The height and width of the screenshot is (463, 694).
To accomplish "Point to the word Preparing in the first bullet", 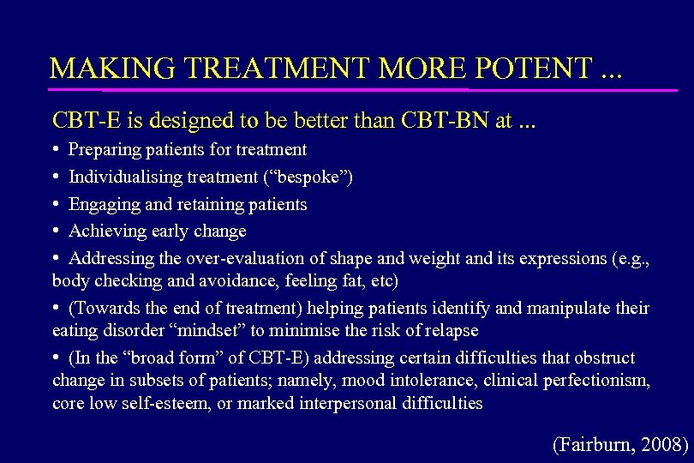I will point(104,150).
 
